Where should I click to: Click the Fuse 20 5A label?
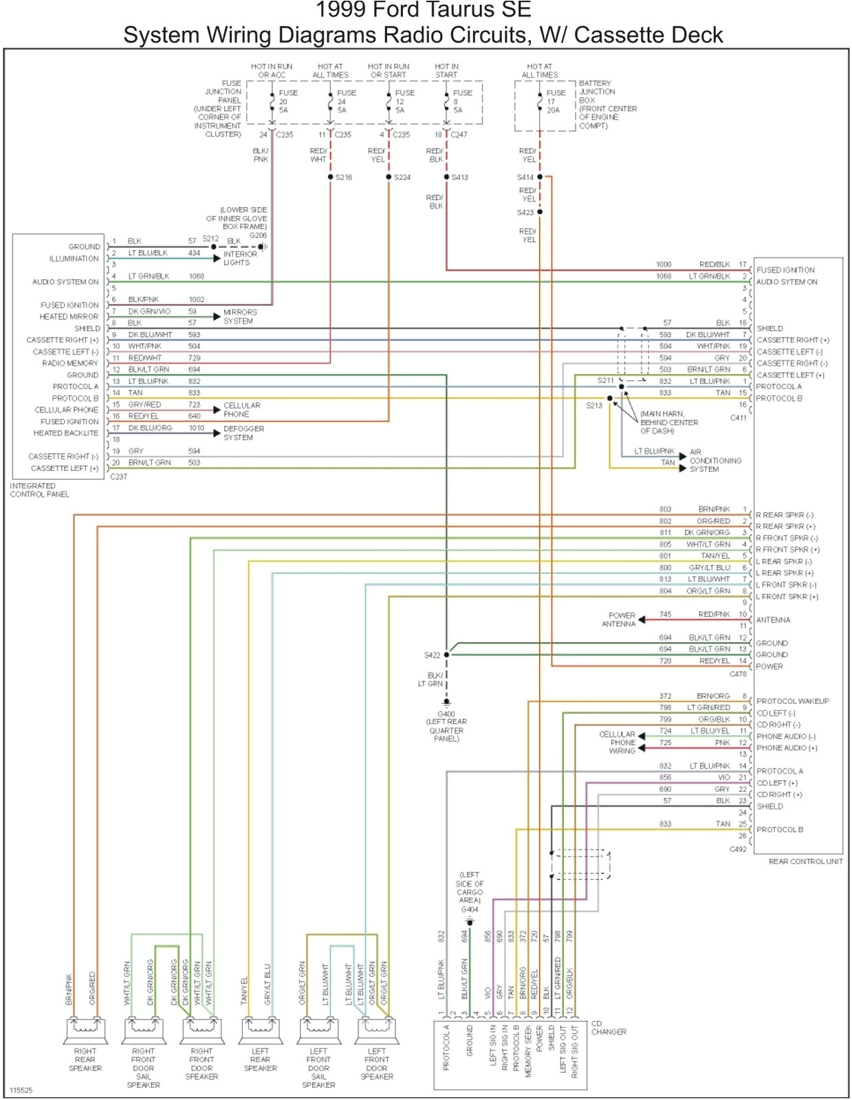coord(287,101)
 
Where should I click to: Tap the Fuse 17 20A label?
coord(555,101)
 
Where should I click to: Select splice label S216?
coord(344,177)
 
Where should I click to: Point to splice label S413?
coord(459,177)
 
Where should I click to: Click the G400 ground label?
coord(446,714)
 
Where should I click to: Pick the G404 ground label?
coord(470,909)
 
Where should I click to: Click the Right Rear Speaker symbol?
coord(85,1029)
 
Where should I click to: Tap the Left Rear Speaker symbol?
coord(260,1029)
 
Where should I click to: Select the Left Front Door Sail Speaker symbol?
coord(318,1029)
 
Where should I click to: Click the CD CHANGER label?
coord(608,1027)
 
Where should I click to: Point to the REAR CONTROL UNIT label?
coord(805,861)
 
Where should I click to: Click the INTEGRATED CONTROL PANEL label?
coord(39,489)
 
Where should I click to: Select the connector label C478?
coord(738,674)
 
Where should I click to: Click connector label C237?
coord(118,476)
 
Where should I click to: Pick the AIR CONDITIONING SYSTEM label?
coord(715,461)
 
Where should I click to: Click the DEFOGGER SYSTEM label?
coord(243,432)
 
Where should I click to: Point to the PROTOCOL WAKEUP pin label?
coord(792,701)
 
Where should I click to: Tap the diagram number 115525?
coord(21,1090)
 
